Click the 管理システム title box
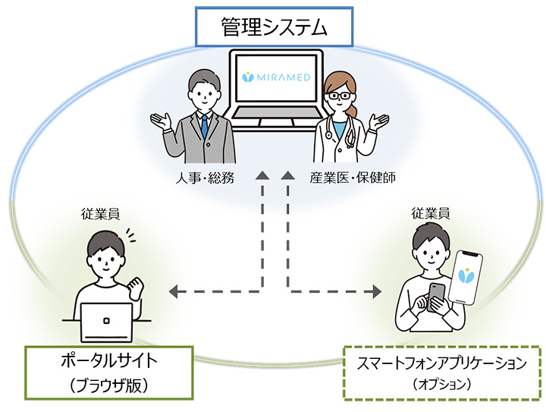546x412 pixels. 274,27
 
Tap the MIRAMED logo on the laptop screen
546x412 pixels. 276,77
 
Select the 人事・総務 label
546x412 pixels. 205,178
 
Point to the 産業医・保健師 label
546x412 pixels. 353,178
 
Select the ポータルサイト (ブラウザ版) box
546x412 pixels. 109,373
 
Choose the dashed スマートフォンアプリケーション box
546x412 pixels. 442,373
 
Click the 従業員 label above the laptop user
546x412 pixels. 100,214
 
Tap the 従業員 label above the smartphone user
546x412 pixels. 431,213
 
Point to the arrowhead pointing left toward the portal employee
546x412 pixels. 174,291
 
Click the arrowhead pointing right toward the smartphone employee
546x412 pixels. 377,291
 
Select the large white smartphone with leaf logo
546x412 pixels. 466,276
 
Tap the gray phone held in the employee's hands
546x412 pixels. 436,297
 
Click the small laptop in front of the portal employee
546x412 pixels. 107,322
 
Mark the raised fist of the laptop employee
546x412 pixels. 136,288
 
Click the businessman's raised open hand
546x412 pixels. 162,121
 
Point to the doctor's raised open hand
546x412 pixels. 379,121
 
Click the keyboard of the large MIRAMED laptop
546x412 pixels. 276,113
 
